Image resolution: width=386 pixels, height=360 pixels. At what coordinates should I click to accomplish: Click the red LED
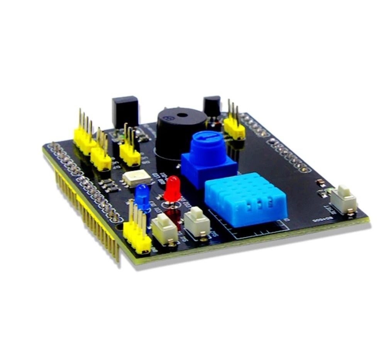(172, 188)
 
